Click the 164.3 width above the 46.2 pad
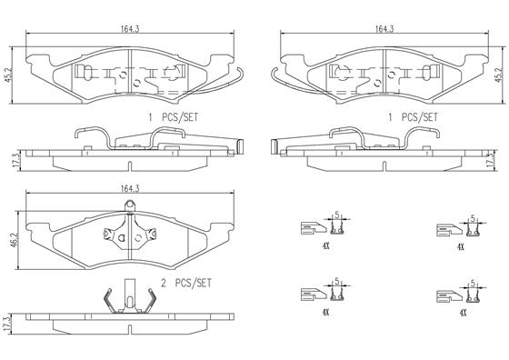coord(127,188)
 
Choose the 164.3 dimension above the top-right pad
coord(384,29)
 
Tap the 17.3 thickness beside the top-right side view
coord(498,159)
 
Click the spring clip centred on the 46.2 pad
coord(126,235)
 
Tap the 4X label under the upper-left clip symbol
coord(325,245)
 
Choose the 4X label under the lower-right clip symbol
coord(461,312)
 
